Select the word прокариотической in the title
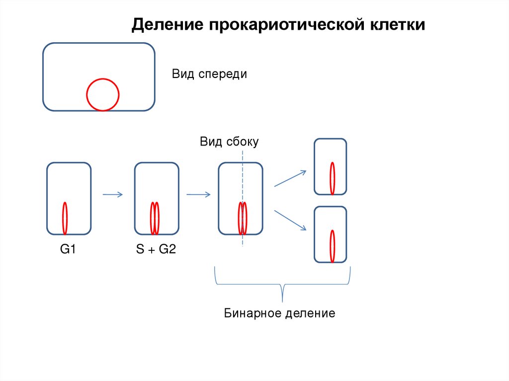click(x=286, y=25)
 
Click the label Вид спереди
click(x=209, y=75)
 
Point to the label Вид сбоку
click(x=229, y=142)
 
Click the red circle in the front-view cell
click(x=103, y=95)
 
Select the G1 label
click(x=68, y=249)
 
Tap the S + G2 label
click(x=156, y=249)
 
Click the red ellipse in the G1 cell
click(x=65, y=219)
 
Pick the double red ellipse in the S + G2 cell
click(x=155, y=219)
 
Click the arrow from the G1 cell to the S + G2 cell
click(x=113, y=194)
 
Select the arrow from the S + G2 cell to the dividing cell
click(x=198, y=194)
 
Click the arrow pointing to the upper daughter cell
click(x=290, y=178)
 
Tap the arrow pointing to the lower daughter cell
click(x=290, y=221)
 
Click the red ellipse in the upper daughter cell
click(x=332, y=178)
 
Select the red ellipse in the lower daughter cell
click(x=332, y=246)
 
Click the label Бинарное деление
click(x=279, y=313)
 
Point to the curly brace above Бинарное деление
click(x=282, y=284)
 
